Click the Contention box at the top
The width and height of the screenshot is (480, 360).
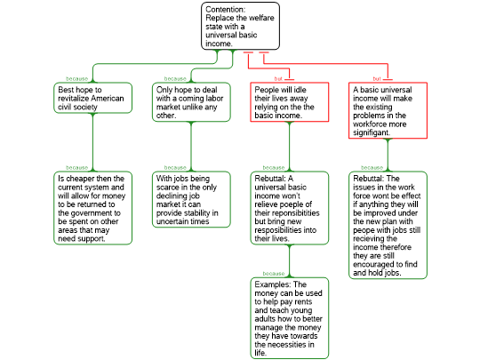point(240,26)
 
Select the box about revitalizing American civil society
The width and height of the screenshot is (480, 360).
point(92,98)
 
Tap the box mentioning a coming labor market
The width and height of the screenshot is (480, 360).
point(191,102)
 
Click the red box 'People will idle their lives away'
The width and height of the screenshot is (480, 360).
point(290,102)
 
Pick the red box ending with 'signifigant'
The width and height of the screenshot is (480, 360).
point(388,110)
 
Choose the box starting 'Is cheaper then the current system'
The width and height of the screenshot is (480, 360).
point(92,208)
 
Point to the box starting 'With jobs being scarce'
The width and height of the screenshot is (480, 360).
point(191,200)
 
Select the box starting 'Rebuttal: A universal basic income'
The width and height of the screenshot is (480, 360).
point(290,208)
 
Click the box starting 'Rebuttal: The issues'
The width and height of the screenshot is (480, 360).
point(388,225)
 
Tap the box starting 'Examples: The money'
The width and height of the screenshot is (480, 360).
point(290,318)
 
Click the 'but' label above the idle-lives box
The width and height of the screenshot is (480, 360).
point(278,79)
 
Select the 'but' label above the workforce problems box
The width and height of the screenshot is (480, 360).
point(377,79)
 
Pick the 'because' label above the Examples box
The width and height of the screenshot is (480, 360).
point(274,274)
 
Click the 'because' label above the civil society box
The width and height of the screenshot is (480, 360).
point(76,79)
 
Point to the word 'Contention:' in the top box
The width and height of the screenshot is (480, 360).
point(225,10)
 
